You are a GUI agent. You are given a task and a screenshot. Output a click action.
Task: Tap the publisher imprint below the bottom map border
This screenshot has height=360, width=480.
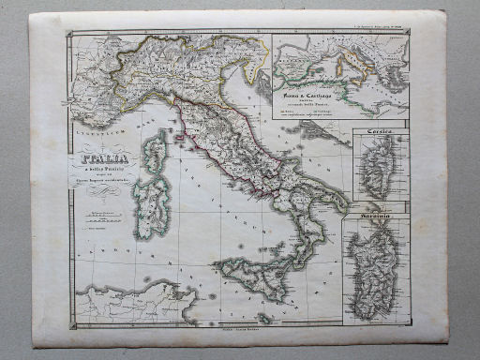click(238, 329)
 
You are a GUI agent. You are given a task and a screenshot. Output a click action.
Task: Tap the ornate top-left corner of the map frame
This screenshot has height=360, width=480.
click(70, 35)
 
